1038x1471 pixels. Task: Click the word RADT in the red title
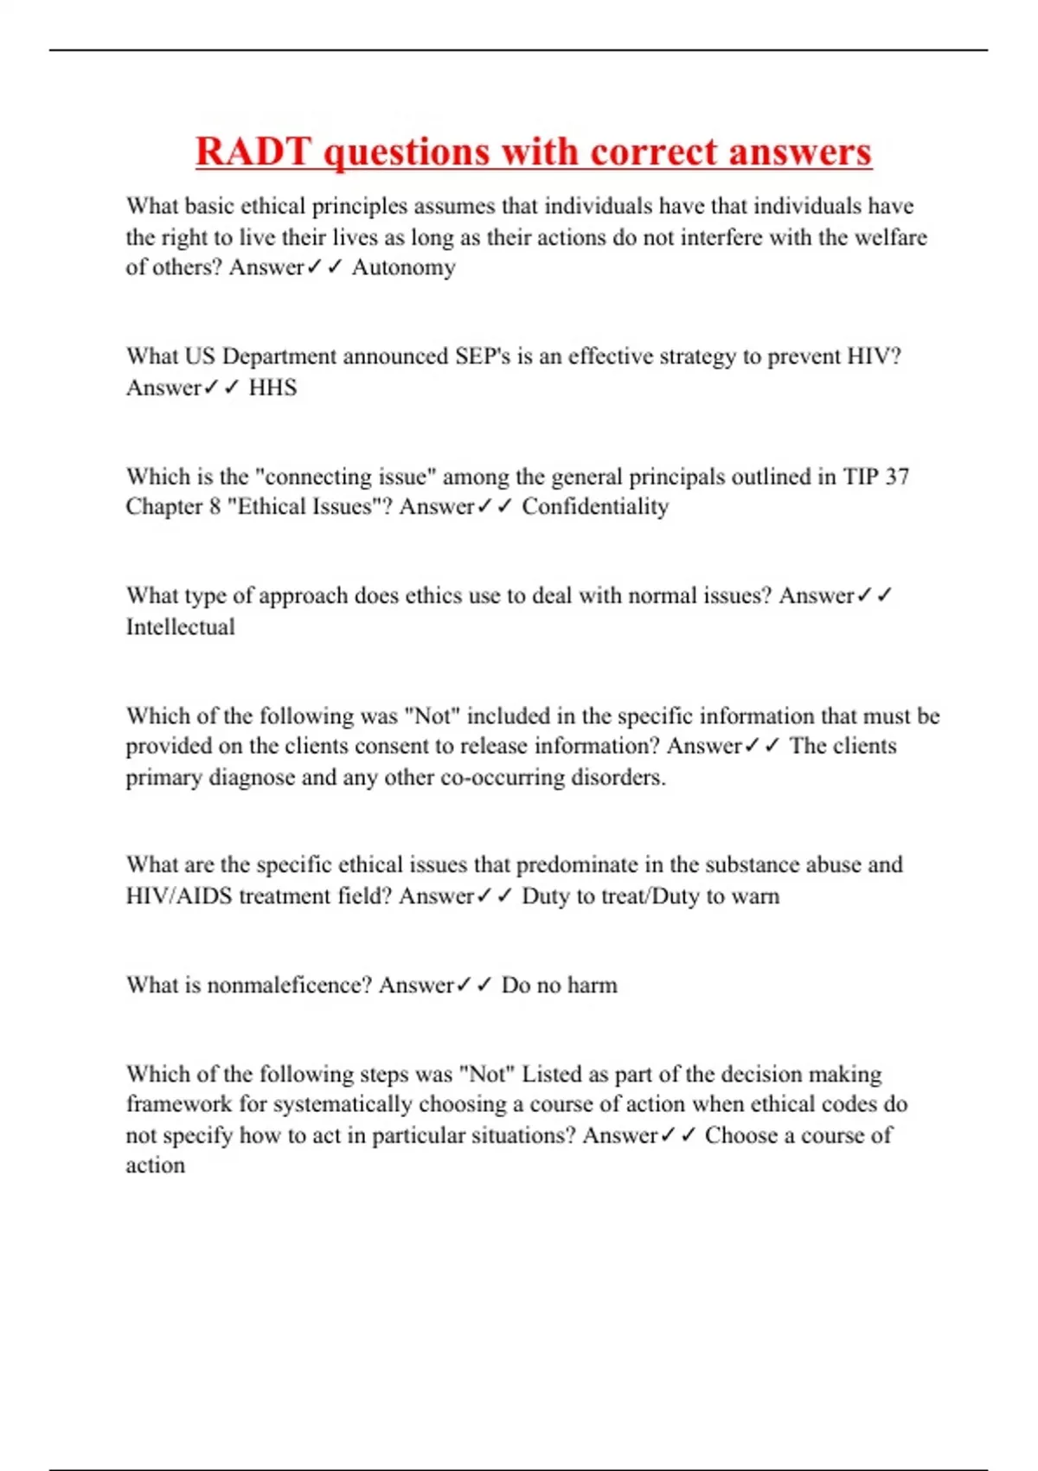(x=252, y=152)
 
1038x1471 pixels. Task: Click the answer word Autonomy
(x=403, y=267)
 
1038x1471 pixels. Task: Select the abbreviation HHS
(x=272, y=387)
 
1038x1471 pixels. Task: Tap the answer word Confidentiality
(x=595, y=506)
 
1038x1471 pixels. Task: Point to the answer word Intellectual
(x=180, y=626)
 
